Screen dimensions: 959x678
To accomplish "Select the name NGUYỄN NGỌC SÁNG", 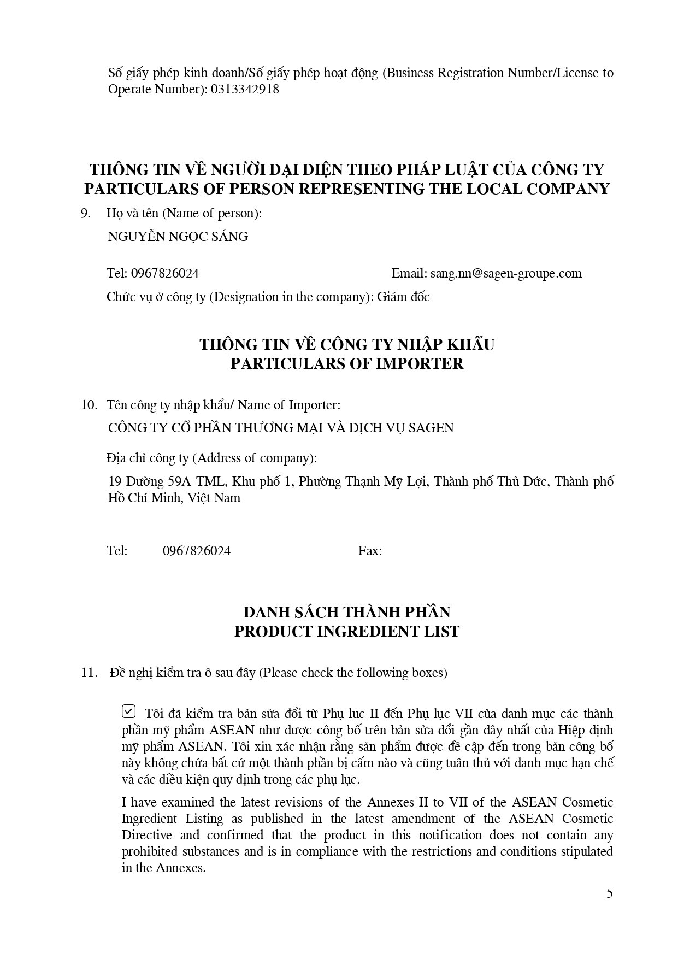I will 178,237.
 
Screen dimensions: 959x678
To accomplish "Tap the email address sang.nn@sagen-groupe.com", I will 506,273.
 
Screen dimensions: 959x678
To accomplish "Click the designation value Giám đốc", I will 403,297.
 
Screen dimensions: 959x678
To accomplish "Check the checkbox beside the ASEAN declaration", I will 128,711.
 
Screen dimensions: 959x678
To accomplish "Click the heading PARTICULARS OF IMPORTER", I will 347,363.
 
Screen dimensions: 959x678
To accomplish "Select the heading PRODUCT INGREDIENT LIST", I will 347,631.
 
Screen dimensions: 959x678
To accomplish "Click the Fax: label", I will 370,551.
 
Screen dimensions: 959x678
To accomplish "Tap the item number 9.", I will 86,213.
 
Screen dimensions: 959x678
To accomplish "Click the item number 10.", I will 89,405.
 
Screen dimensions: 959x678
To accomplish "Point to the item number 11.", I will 89,673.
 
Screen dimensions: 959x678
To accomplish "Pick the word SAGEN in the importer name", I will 434,428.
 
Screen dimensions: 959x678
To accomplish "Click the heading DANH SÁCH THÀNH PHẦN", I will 347,612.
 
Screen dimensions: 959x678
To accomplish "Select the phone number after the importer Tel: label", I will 197,551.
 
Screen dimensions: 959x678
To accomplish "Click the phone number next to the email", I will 164,273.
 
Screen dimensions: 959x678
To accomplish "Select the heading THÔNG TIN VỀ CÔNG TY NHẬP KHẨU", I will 347,344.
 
